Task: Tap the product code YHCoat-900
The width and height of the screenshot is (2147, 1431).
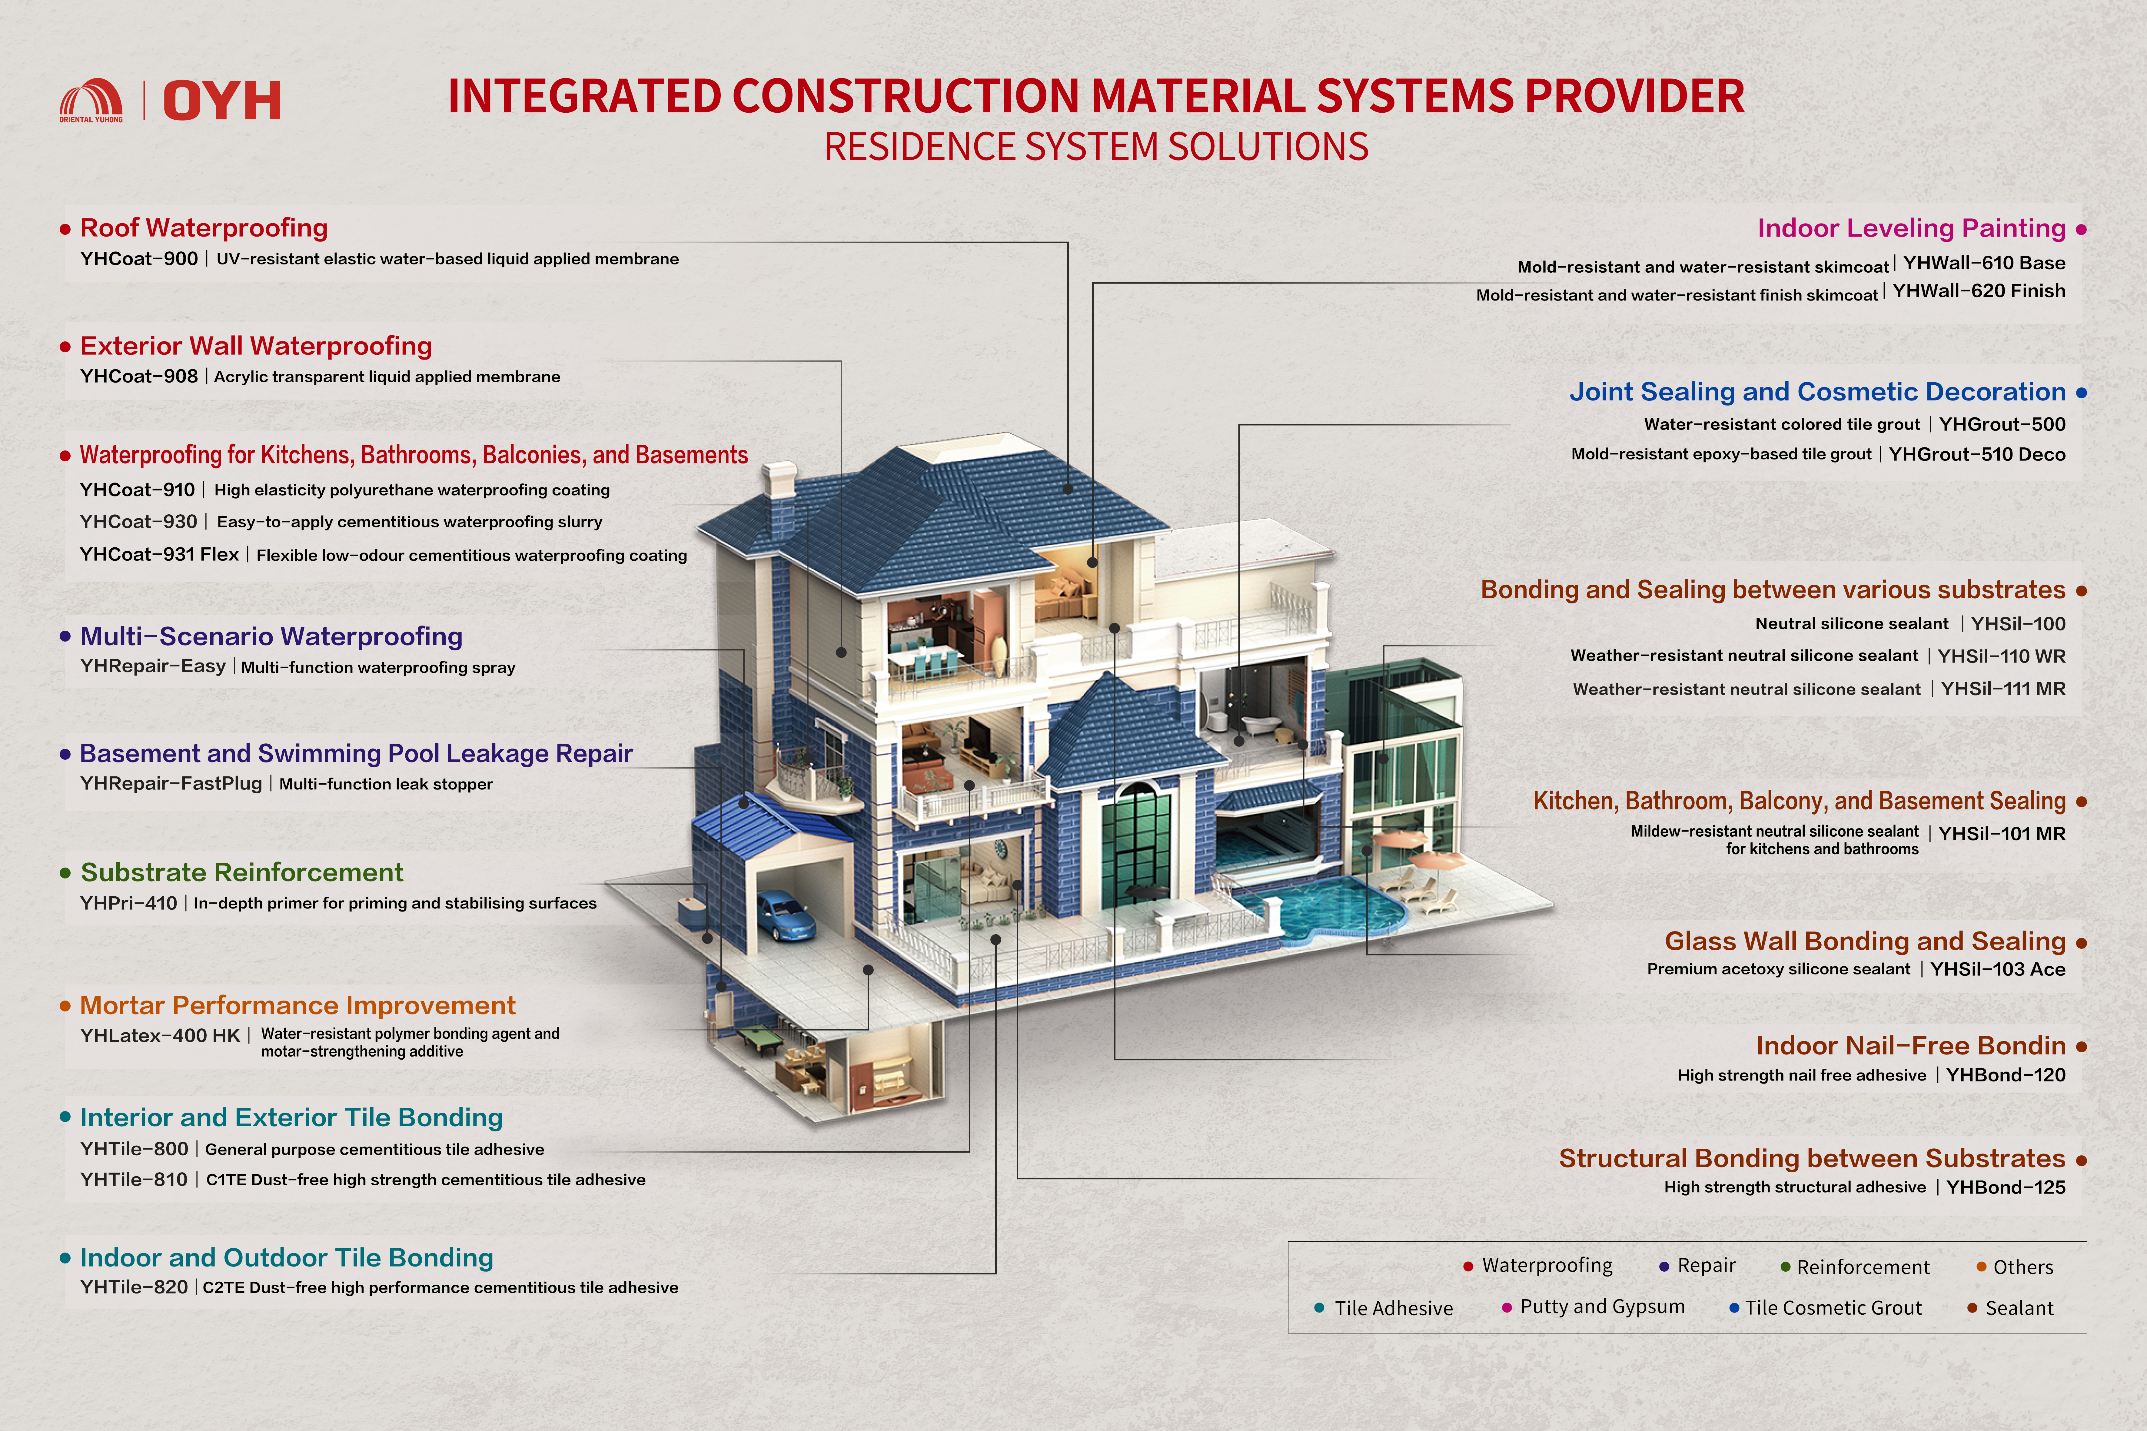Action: click(x=139, y=259)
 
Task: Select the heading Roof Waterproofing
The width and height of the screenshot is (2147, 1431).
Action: click(x=204, y=228)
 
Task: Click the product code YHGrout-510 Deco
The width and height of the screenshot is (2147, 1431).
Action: click(x=1976, y=454)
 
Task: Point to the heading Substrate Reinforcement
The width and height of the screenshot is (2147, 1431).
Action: click(x=242, y=872)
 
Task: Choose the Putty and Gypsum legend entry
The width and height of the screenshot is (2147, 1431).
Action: click(x=1601, y=1307)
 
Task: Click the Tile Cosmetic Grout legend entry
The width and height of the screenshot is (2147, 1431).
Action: click(x=1832, y=1308)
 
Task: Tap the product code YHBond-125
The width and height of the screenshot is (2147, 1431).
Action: click(x=2006, y=1187)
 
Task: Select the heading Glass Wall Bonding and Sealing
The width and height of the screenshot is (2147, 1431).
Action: click(x=1864, y=941)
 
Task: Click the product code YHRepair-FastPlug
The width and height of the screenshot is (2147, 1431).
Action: click(x=171, y=784)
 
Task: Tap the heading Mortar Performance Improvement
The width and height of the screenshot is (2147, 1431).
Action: click(x=297, y=1006)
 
